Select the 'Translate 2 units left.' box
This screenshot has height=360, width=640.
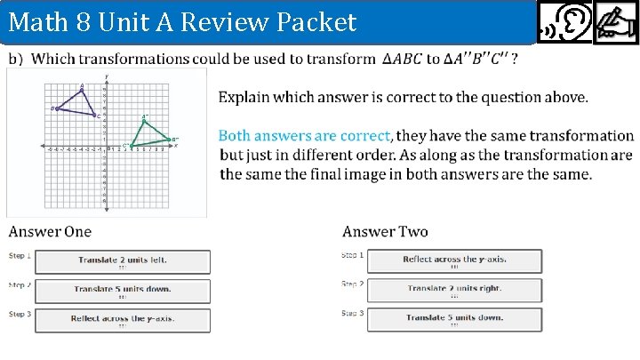pos(123,261)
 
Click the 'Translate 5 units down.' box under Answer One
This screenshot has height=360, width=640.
pos(123,290)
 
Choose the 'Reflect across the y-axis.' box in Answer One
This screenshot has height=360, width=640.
pos(123,318)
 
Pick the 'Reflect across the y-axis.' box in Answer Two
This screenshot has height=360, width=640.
pos(454,260)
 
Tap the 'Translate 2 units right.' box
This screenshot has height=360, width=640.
pos(454,289)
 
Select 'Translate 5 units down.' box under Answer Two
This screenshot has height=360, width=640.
pos(454,318)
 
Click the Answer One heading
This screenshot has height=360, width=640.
pos(50,232)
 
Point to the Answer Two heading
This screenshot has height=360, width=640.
pos(385,232)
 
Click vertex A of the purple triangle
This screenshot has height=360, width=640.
pos(82,90)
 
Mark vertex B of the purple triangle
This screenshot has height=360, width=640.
pos(56,108)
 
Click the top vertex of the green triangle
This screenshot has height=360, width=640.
pos(143,121)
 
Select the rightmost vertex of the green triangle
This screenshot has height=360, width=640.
pos(169,139)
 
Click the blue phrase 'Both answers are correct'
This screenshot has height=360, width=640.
pos(304,136)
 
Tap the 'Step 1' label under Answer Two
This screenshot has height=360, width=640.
pos(351,255)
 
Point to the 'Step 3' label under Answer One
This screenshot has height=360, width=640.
pos(20,313)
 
